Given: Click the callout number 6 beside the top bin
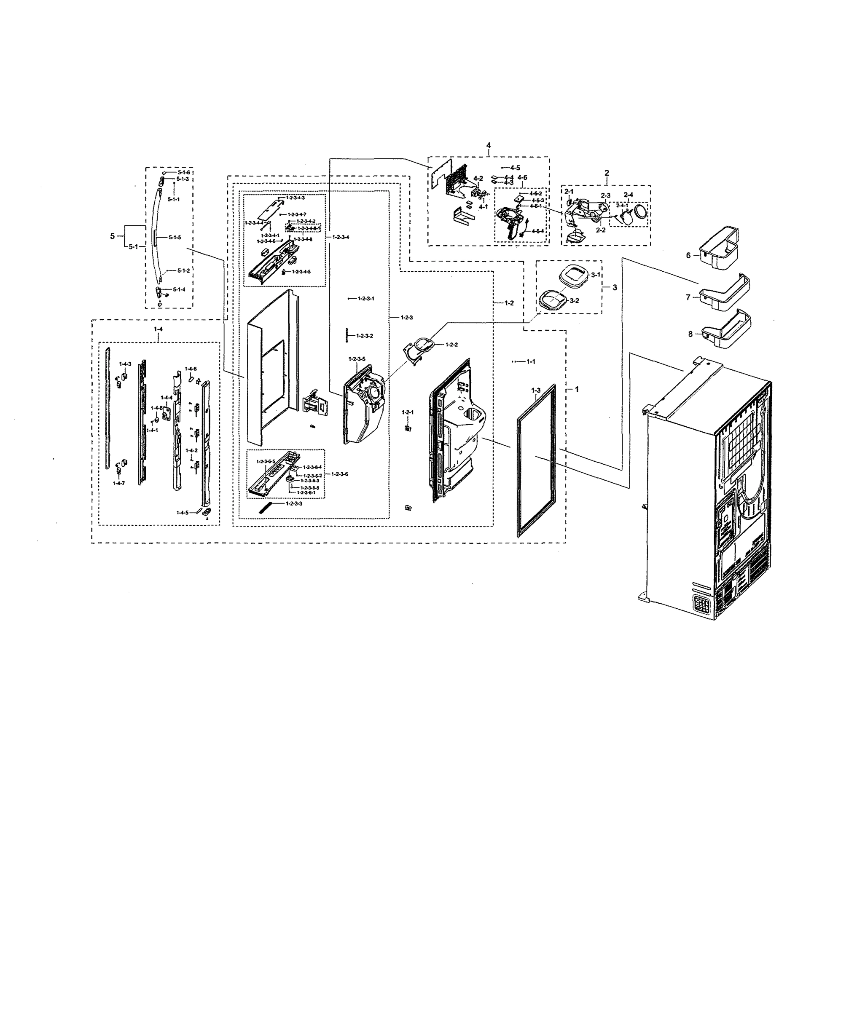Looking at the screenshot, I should (x=688, y=255).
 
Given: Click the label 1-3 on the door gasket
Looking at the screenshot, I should (x=535, y=390).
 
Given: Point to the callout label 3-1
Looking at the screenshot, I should (x=596, y=275).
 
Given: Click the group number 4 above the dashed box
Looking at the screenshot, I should (x=488, y=146).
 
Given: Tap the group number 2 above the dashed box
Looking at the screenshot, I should (x=606, y=173).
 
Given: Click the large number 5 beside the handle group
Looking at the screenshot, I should (x=112, y=236).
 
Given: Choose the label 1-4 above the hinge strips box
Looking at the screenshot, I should (x=158, y=329).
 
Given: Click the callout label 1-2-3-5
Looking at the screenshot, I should (x=357, y=358).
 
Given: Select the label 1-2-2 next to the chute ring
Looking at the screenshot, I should (x=451, y=344).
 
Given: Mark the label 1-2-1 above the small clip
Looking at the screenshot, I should (x=407, y=412).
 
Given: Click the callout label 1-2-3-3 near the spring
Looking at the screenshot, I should (x=294, y=504).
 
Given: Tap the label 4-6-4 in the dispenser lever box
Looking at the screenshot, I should (x=537, y=231).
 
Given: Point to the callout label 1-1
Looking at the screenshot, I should (x=530, y=361).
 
